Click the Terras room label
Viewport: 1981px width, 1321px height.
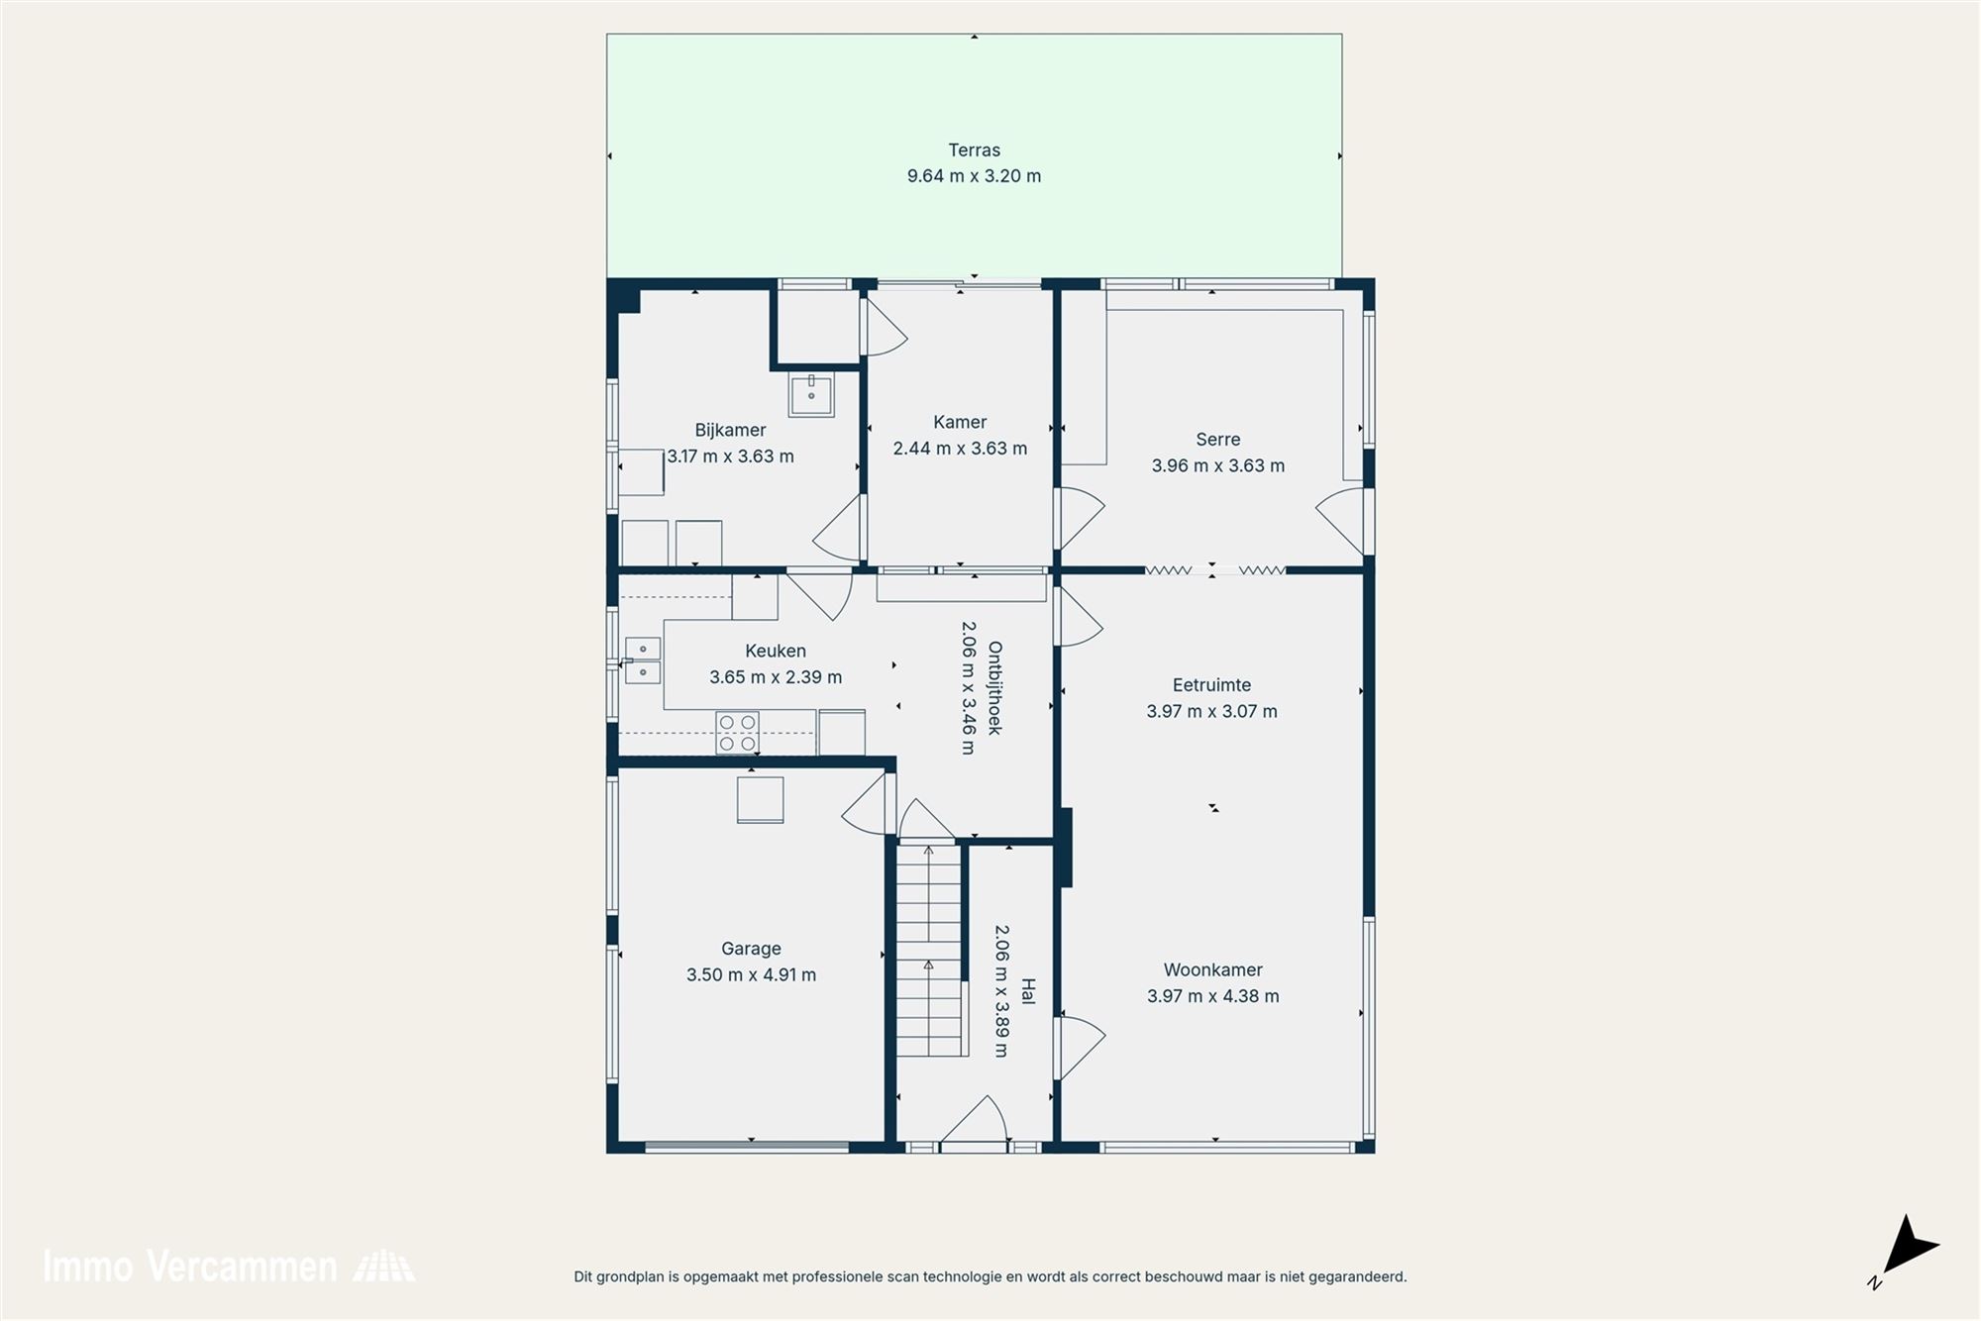click(x=974, y=151)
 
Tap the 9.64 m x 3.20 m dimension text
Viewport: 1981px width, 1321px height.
click(x=974, y=176)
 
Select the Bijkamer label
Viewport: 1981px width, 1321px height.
click(x=730, y=430)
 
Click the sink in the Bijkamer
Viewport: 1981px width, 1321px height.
click(x=811, y=394)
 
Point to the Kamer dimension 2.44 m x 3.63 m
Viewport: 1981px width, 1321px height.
click(x=960, y=449)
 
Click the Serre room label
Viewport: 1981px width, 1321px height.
click(x=1217, y=440)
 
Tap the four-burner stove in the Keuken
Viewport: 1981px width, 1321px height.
click(x=737, y=733)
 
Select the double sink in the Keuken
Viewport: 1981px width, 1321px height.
click(x=643, y=660)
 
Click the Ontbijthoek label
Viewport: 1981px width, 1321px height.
click(x=994, y=688)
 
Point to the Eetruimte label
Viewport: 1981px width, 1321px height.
click(x=1211, y=685)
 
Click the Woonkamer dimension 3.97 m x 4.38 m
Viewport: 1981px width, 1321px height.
click(x=1212, y=996)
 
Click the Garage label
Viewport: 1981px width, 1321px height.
click(x=751, y=949)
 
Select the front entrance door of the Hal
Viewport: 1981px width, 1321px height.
click(x=975, y=1124)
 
